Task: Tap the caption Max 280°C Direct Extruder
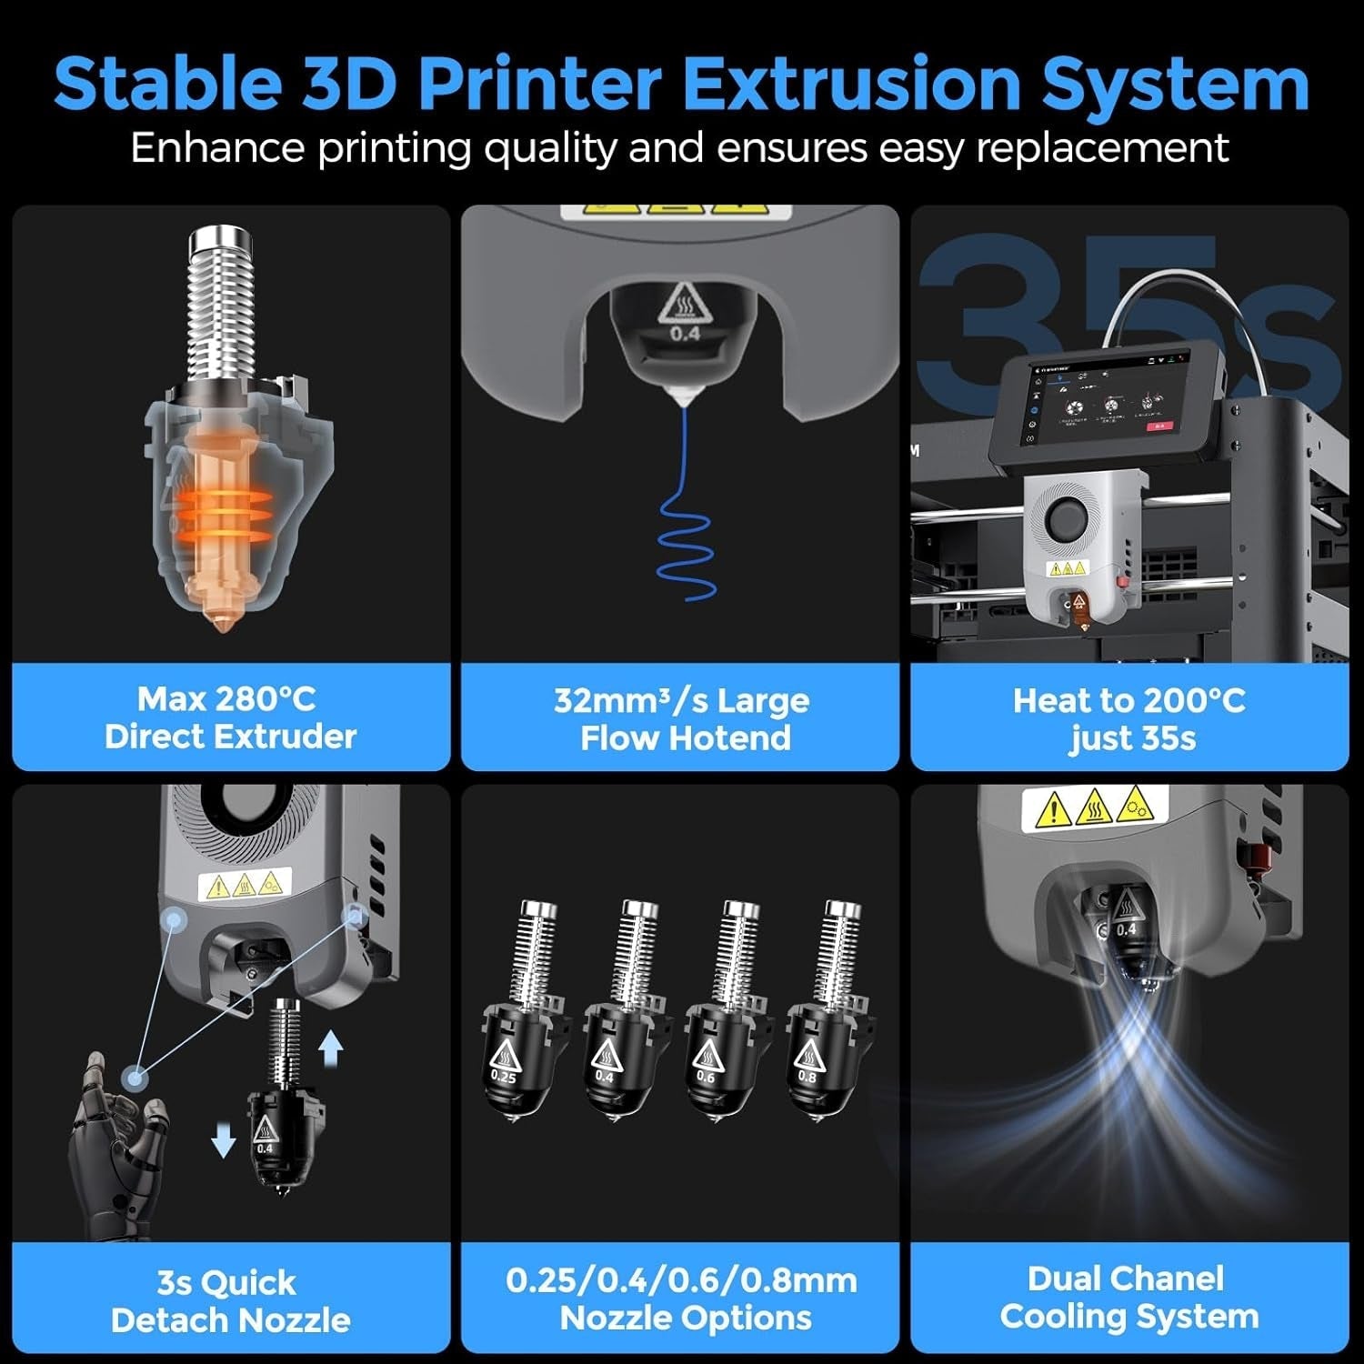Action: (x=230, y=717)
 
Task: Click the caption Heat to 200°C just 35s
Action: (x=1130, y=718)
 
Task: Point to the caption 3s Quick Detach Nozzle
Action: (x=230, y=1300)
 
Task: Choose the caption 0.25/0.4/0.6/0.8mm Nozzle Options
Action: (x=682, y=1299)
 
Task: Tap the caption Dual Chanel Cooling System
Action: (x=1128, y=1297)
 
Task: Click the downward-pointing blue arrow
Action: (x=224, y=1138)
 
